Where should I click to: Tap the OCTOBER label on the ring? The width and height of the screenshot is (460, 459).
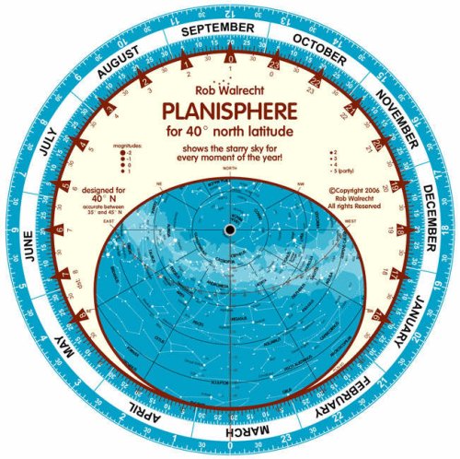click(321, 51)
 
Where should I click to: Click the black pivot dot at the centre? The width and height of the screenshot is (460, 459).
click(229, 229)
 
